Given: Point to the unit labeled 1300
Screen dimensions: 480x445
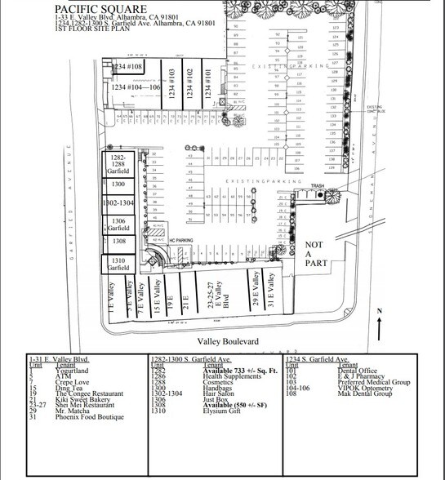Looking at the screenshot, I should tap(118, 184).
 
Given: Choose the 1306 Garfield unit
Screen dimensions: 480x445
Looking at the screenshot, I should tap(118, 224).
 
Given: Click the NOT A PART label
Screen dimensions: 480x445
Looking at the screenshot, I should tap(314, 255).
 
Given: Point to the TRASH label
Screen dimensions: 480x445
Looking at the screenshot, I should tap(318, 186).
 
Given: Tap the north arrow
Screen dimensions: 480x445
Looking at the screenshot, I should tap(379, 320).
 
